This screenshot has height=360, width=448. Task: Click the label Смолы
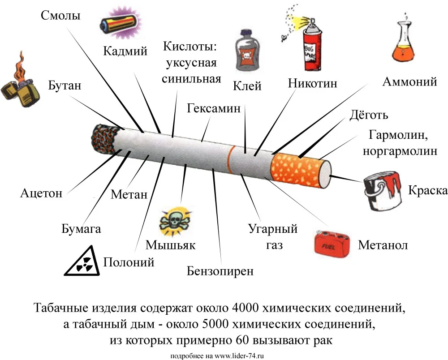click(60, 16)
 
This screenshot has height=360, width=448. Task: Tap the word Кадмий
click(125, 51)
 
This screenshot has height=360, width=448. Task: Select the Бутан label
click(65, 85)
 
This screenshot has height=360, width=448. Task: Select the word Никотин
click(312, 83)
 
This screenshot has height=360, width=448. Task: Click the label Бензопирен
click(220, 271)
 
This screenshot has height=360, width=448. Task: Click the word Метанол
click(383, 245)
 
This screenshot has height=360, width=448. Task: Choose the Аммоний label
click(409, 82)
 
